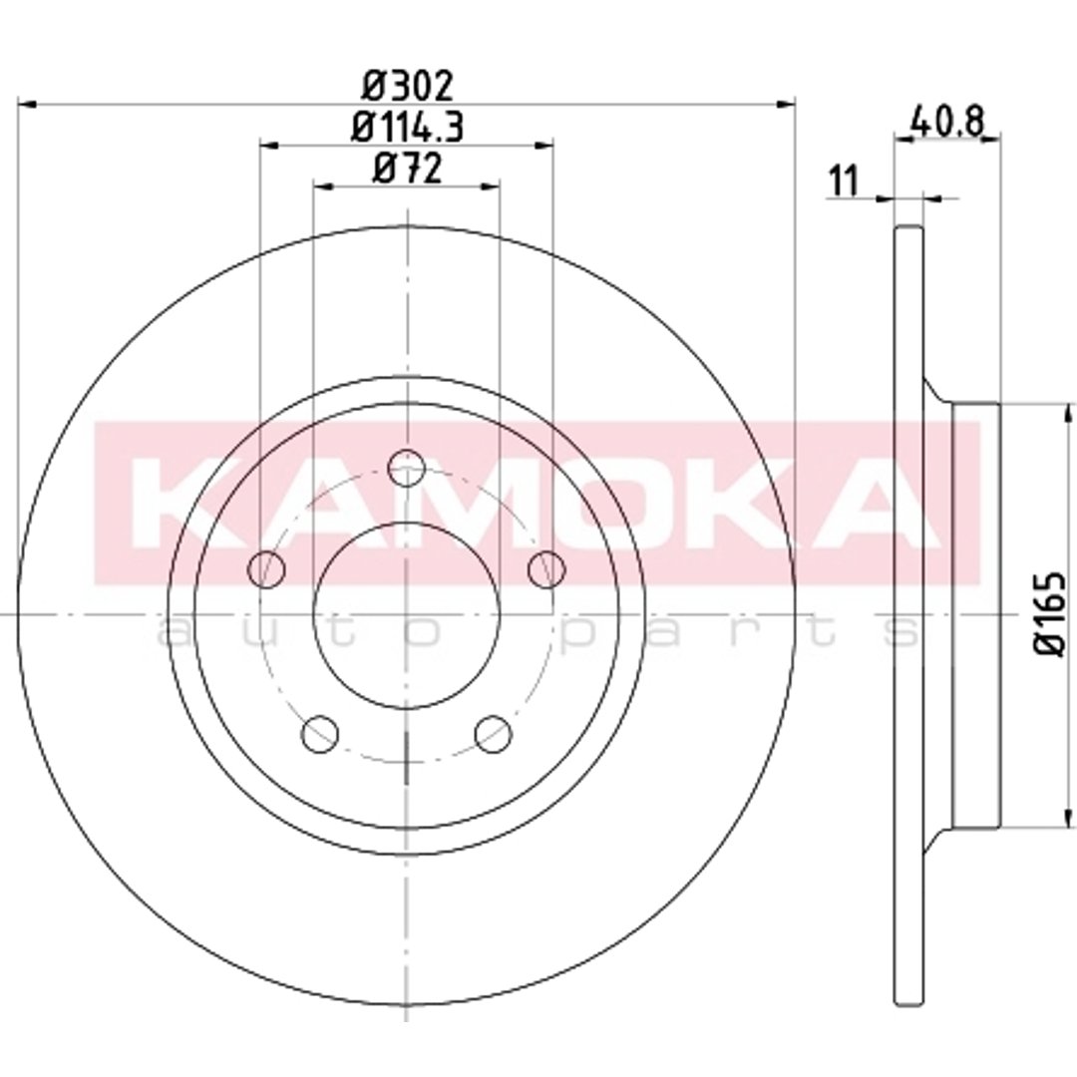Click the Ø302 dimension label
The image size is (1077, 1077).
pos(407,86)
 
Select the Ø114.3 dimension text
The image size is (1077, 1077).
pos(407,127)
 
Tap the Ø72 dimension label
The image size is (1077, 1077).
pos(407,169)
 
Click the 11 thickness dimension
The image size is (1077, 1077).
pos(845,181)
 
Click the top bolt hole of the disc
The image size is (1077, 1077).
pos(407,468)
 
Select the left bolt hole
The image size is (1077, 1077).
pos(266,569)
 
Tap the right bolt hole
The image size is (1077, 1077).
pos(546,569)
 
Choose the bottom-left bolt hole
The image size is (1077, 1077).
pos(319,733)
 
